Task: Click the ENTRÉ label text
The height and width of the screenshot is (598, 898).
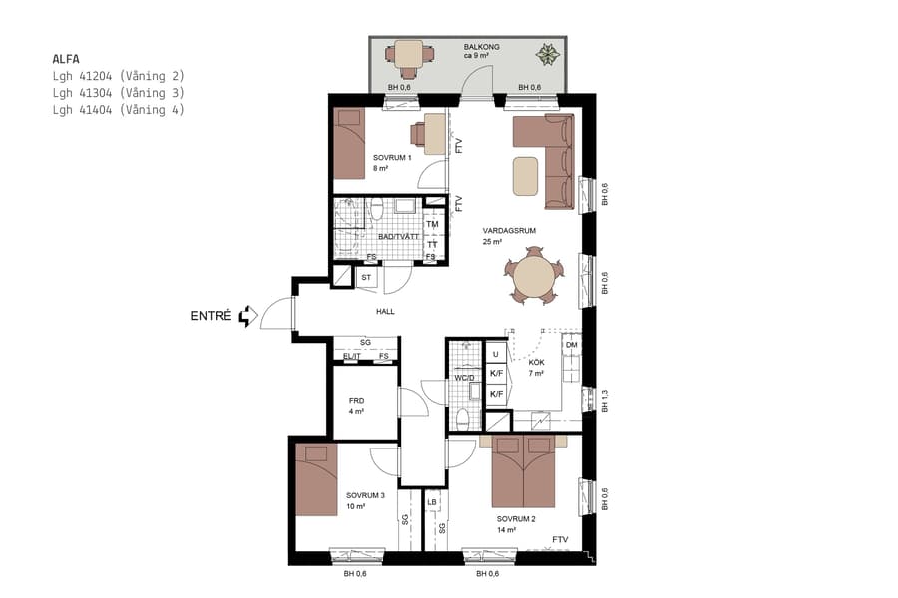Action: (211, 317)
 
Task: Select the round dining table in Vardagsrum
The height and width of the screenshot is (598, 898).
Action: (533, 277)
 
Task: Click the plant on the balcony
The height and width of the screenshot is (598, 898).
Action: (547, 54)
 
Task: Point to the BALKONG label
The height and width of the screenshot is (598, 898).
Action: (482, 47)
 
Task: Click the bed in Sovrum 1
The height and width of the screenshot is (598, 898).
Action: (349, 144)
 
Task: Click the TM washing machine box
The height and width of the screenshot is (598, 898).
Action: (432, 224)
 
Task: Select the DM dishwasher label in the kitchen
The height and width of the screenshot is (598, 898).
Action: (571, 346)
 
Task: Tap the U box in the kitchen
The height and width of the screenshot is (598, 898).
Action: (495, 354)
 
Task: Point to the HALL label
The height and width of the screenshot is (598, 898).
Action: (385, 312)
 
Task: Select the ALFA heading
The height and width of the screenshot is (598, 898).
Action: (66, 59)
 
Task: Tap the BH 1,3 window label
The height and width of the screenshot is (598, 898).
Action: (604, 401)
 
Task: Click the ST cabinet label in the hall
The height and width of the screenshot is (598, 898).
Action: (366, 277)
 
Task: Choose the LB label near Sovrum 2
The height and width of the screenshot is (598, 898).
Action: (432, 502)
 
